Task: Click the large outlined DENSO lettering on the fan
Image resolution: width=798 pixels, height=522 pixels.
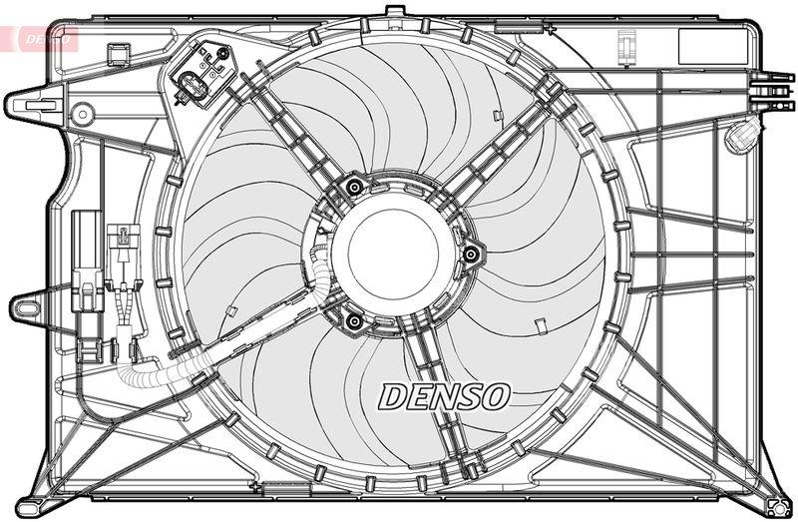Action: pyautogui.click(x=443, y=396)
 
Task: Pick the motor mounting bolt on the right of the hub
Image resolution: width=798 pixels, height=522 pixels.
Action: pyautogui.click(x=470, y=255)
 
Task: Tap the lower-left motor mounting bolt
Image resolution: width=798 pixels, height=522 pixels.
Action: pyautogui.click(x=353, y=320)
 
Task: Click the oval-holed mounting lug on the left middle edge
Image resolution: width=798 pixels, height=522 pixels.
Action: pyautogui.click(x=27, y=307)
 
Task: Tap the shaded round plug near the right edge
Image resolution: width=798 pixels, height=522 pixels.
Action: pyautogui.click(x=740, y=136)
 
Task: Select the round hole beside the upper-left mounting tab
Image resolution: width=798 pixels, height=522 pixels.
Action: pyautogui.click(x=81, y=113)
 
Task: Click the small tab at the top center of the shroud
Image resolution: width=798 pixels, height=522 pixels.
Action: pyautogui.click(x=395, y=12)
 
